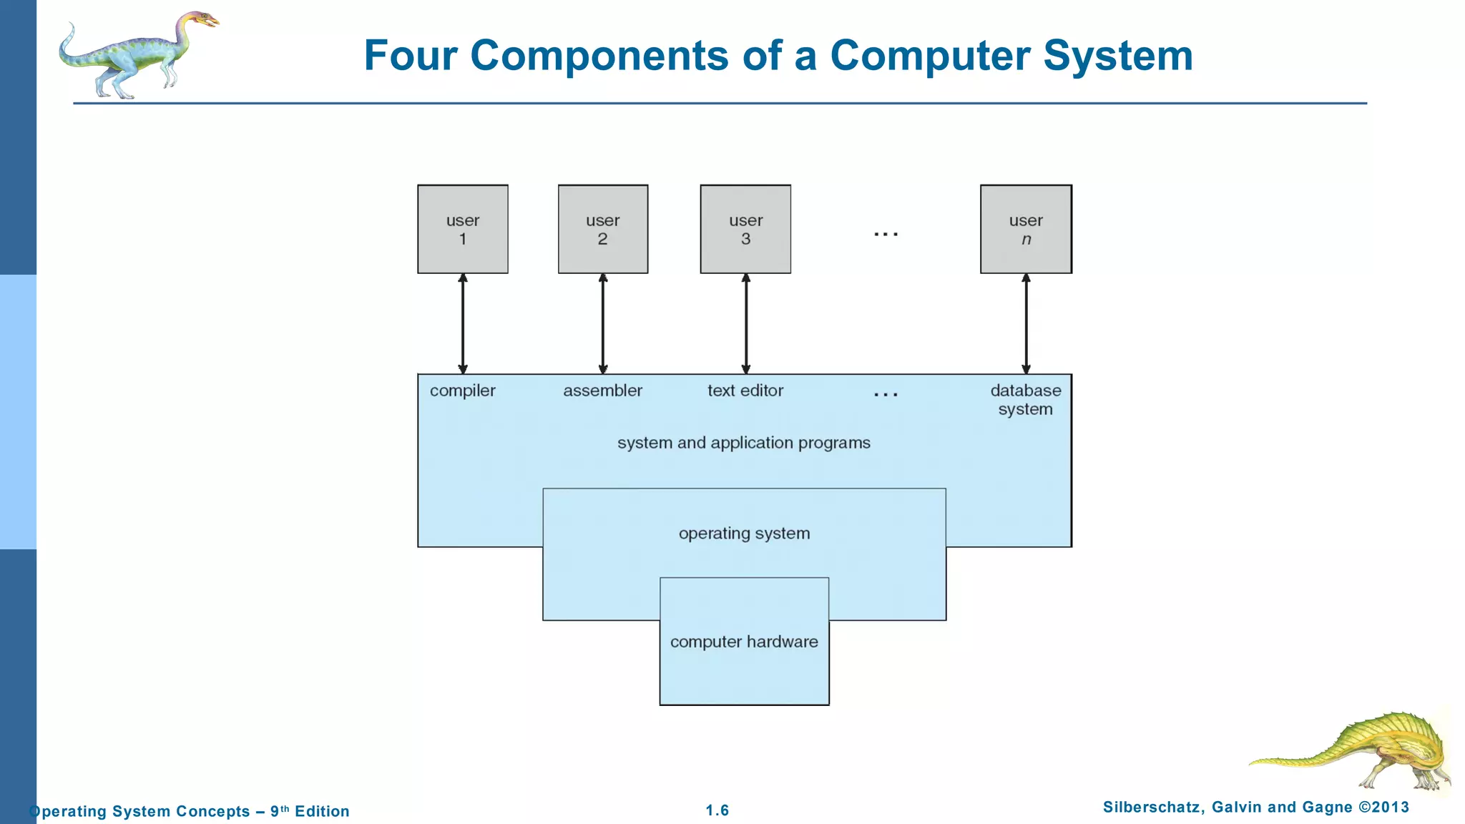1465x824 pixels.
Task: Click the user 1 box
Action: click(x=463, y=229)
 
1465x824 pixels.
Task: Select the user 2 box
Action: click(x=603, y=229)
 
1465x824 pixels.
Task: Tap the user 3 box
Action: click(x=745, y=229)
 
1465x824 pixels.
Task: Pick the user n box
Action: click(x=1026, y=229)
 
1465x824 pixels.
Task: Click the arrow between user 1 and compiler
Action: click(x=463, y=323)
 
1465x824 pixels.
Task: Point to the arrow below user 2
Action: click(x=603, y=323)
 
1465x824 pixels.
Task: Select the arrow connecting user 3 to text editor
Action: click(x=746, y=323)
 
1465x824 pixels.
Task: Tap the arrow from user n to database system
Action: click(x=1026, y=323)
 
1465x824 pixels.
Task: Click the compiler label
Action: click(x=462, y=391)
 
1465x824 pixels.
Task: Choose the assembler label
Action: click(x=602, y=391)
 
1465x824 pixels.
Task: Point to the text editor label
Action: click(x=745, y=391)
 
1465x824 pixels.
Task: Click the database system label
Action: click(x=1026, y=400)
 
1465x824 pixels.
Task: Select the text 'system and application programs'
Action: click(x=744, y=443)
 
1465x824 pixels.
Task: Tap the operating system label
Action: click(x=744, y=534)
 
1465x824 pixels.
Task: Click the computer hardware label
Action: click(x=744, y=642)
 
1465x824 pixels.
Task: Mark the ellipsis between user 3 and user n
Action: click(x=886, y=234)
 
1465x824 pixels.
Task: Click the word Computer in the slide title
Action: click(x=931, y=55)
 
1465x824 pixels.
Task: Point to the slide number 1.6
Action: click(x=717, y=810)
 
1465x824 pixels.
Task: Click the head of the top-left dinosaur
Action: click(x=201, y=19)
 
